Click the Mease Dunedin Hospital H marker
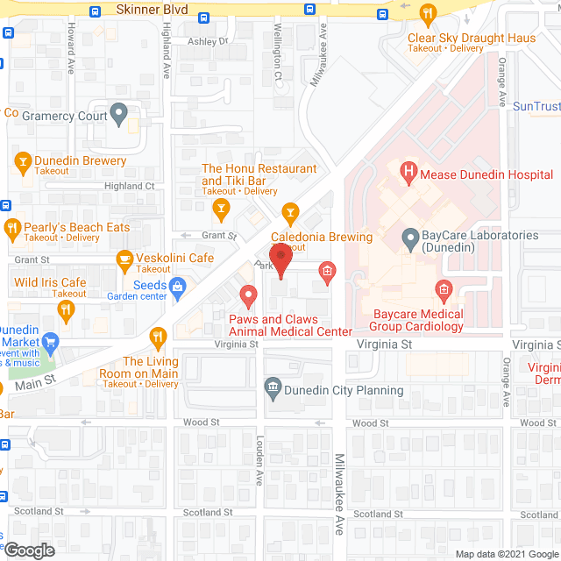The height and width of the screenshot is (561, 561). point(408,173)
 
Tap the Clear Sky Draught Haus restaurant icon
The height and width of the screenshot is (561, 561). point(427,13)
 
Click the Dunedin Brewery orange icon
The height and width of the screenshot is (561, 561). point(21,161)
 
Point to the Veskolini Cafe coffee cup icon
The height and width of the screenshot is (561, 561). point(125,259)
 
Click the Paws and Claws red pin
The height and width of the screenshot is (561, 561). point(249,296)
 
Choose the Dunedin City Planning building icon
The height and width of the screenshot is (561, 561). point(273,386)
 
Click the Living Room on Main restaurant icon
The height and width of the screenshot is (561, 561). point(158,336)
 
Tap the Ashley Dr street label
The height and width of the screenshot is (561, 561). point(209,41)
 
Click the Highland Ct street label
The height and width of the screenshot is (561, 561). point(129,186)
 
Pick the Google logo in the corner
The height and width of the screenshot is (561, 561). point(28,550)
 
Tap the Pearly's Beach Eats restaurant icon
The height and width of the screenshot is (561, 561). point(12,229)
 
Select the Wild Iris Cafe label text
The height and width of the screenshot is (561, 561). point(50,282)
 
